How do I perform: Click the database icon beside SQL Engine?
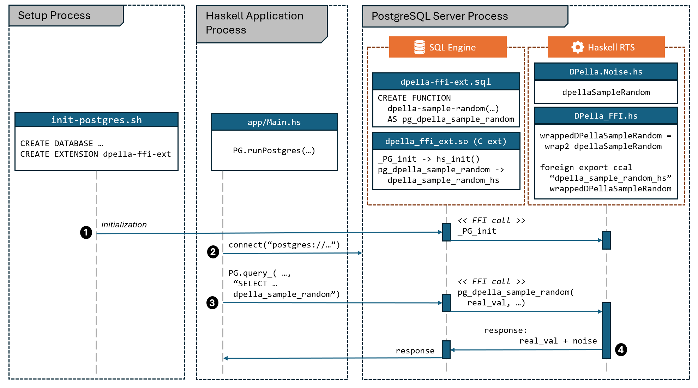420,47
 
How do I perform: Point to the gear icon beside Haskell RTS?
578,47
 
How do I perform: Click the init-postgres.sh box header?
96,120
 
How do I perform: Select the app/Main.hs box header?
274,122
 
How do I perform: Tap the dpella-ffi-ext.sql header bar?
446,82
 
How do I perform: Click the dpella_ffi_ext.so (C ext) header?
446,141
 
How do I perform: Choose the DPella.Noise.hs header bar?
606,72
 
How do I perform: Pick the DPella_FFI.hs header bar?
606,116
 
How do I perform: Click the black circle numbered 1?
86,232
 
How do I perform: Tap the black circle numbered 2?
213,252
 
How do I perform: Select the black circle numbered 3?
212,303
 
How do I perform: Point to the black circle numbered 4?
621,350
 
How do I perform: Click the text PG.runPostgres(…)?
274,150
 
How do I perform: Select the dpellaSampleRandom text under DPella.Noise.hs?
606,92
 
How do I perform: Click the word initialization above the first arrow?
124,225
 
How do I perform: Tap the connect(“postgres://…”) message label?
284,245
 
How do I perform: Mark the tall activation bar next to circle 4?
606,330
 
